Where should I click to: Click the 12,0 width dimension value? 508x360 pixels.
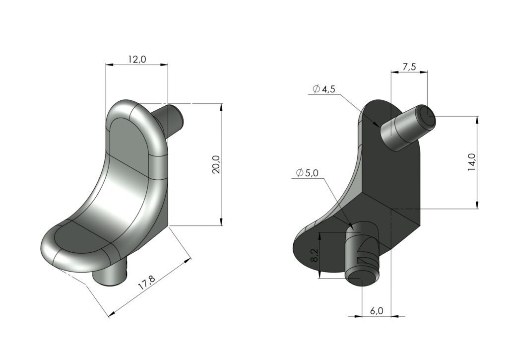coord(137,60)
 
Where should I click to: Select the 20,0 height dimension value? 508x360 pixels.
coord(216,164)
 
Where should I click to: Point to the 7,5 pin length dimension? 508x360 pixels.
coord(409,67)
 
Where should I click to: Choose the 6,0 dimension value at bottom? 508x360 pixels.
coord(377,311)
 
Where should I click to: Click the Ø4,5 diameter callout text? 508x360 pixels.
coord(324,89)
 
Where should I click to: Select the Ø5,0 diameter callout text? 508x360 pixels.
coord(307,173)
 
